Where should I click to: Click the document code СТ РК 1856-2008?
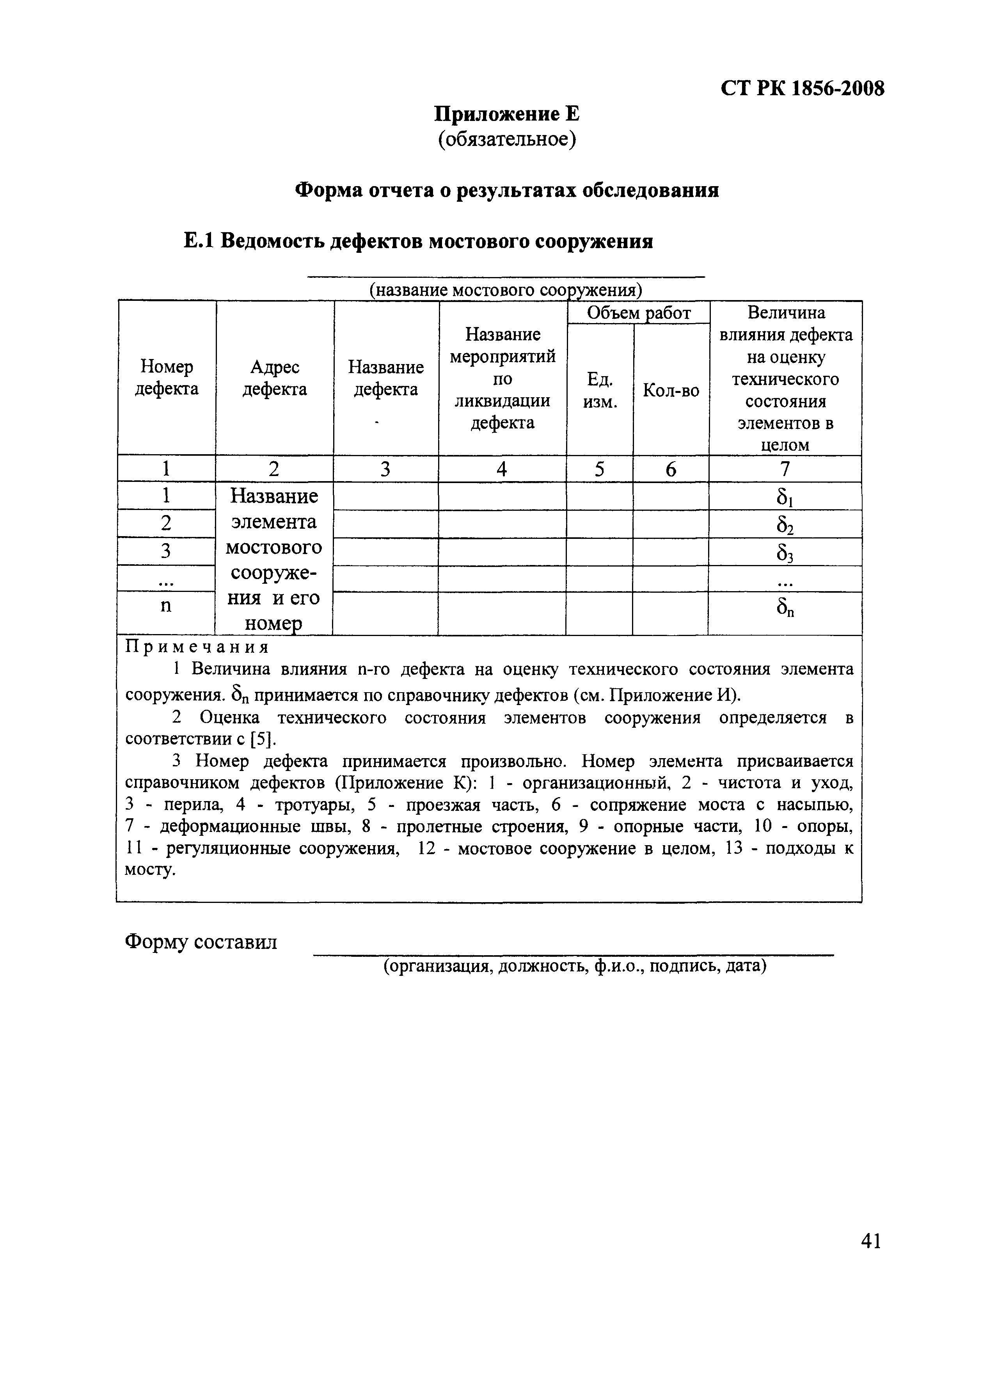tap(802, 89)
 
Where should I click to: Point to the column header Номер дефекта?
tap(166, 378)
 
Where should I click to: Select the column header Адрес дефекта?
tap(274, 378)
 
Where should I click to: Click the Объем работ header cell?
tap(638, 313)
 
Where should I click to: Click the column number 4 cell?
tap(502, 469)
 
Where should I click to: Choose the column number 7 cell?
tap(785, 469)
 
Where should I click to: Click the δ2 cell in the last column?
tap(785, 524)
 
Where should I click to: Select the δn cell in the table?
tap(785, 608)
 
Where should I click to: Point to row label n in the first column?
tap(165, 606)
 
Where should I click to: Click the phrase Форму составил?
tap(201, 942)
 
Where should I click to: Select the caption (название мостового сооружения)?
tap(506, 290)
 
